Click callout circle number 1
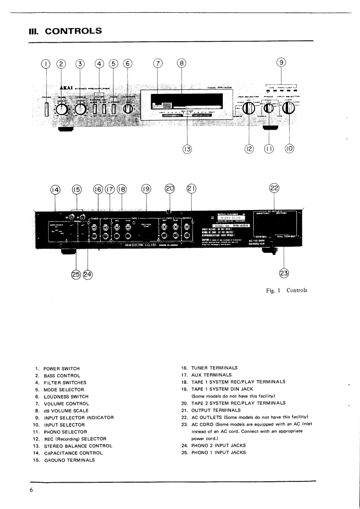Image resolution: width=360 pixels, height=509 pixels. [45, 64]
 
